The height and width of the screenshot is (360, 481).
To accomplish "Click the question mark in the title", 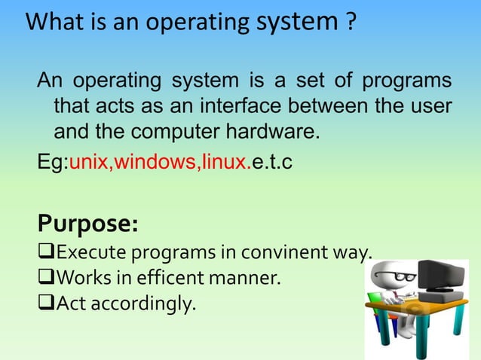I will (349, 23).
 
